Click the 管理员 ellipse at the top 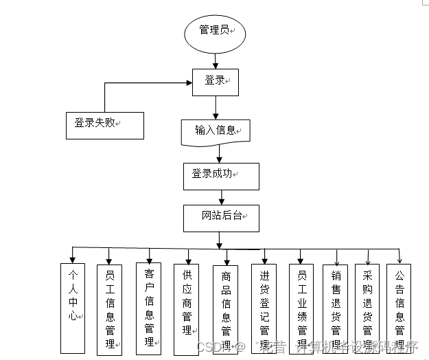click(213, 32)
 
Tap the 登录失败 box click(104, 125)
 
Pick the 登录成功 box click(221, 176)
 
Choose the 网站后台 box click(221, 217)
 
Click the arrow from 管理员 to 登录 click(215, 61)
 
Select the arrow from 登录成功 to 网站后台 click(220, 196)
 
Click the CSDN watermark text click(209, 346)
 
